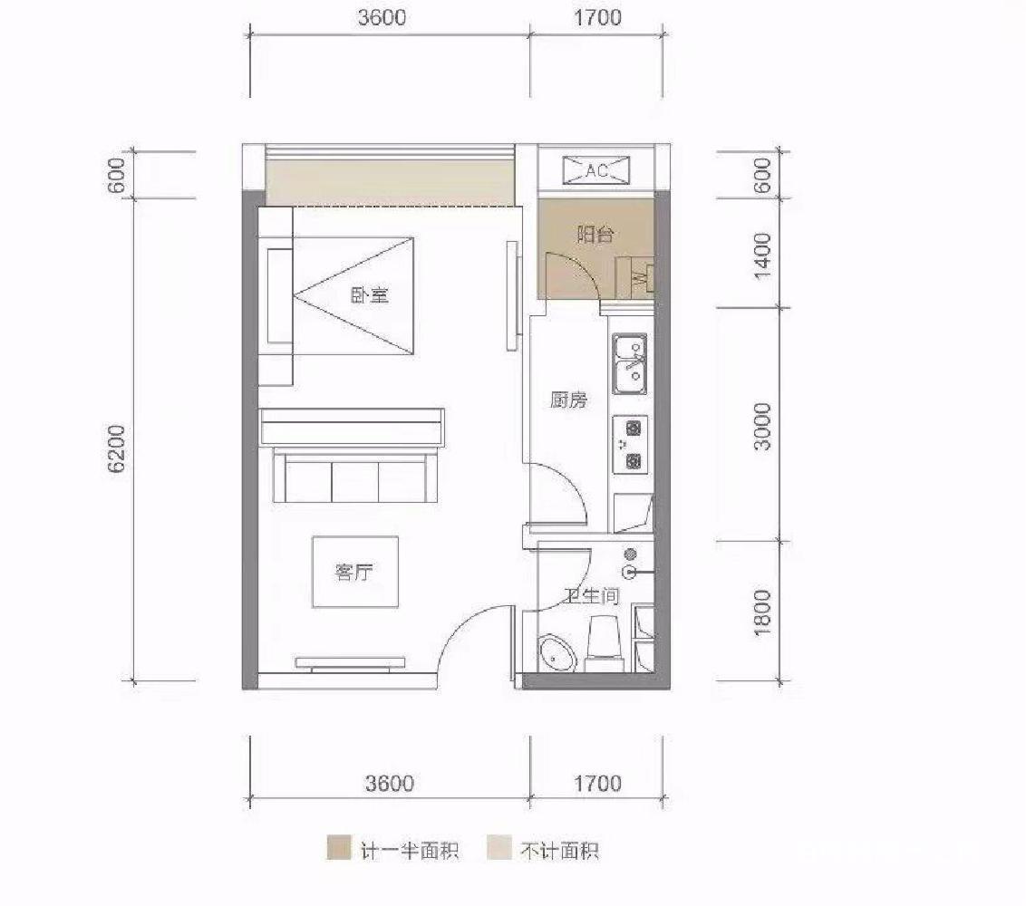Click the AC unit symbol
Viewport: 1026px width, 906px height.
coord(596,170)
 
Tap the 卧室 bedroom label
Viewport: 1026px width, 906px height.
coord(370,295)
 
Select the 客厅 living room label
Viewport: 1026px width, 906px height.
coord(354,573)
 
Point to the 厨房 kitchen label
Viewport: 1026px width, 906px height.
coord(568,399)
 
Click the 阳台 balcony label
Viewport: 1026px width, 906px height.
coord(595,234)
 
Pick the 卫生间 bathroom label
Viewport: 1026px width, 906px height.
coord(592,595)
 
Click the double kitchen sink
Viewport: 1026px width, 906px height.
coord(630,363)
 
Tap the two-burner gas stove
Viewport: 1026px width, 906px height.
coord(630,445)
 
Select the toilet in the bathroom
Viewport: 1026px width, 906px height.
coord(604,643)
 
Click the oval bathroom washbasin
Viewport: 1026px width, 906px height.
coord(557,654)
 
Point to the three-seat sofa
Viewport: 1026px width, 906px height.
coord(354,475)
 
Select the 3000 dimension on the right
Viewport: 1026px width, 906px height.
coord(763,427)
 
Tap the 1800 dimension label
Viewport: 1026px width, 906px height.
coord(763,612)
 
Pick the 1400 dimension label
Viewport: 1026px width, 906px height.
coord(763,255)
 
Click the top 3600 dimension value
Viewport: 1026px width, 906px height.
coord(382,17)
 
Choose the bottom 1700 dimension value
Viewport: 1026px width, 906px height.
coord(597,783)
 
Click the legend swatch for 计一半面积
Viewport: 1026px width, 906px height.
coord(339,848)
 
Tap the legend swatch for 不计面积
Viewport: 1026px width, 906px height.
coord(499,848)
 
